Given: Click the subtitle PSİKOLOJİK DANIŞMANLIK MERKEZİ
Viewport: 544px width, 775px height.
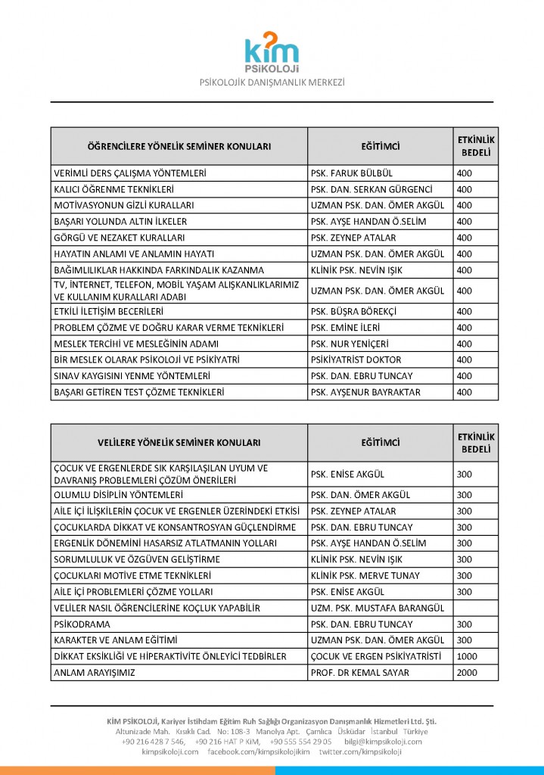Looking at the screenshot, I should tap(272, 81).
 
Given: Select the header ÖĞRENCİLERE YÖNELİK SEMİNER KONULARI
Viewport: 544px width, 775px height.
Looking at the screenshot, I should tap(179, 146).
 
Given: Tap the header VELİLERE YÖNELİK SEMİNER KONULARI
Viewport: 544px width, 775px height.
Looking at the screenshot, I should tap(179, 443).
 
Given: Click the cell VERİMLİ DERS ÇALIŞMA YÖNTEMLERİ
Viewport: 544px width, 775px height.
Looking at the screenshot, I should tap(130, 173).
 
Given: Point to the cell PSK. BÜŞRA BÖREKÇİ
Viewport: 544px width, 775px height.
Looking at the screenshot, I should tap(353, 311).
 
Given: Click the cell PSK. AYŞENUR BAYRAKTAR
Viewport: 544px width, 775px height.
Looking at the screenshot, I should tap(365, 392).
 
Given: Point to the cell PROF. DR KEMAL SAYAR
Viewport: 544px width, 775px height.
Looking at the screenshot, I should tap(359, 672).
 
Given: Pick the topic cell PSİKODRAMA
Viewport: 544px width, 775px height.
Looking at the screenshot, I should tap(82, 624).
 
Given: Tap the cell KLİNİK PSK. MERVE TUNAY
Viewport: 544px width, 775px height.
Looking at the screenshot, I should tap(365, 576).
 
